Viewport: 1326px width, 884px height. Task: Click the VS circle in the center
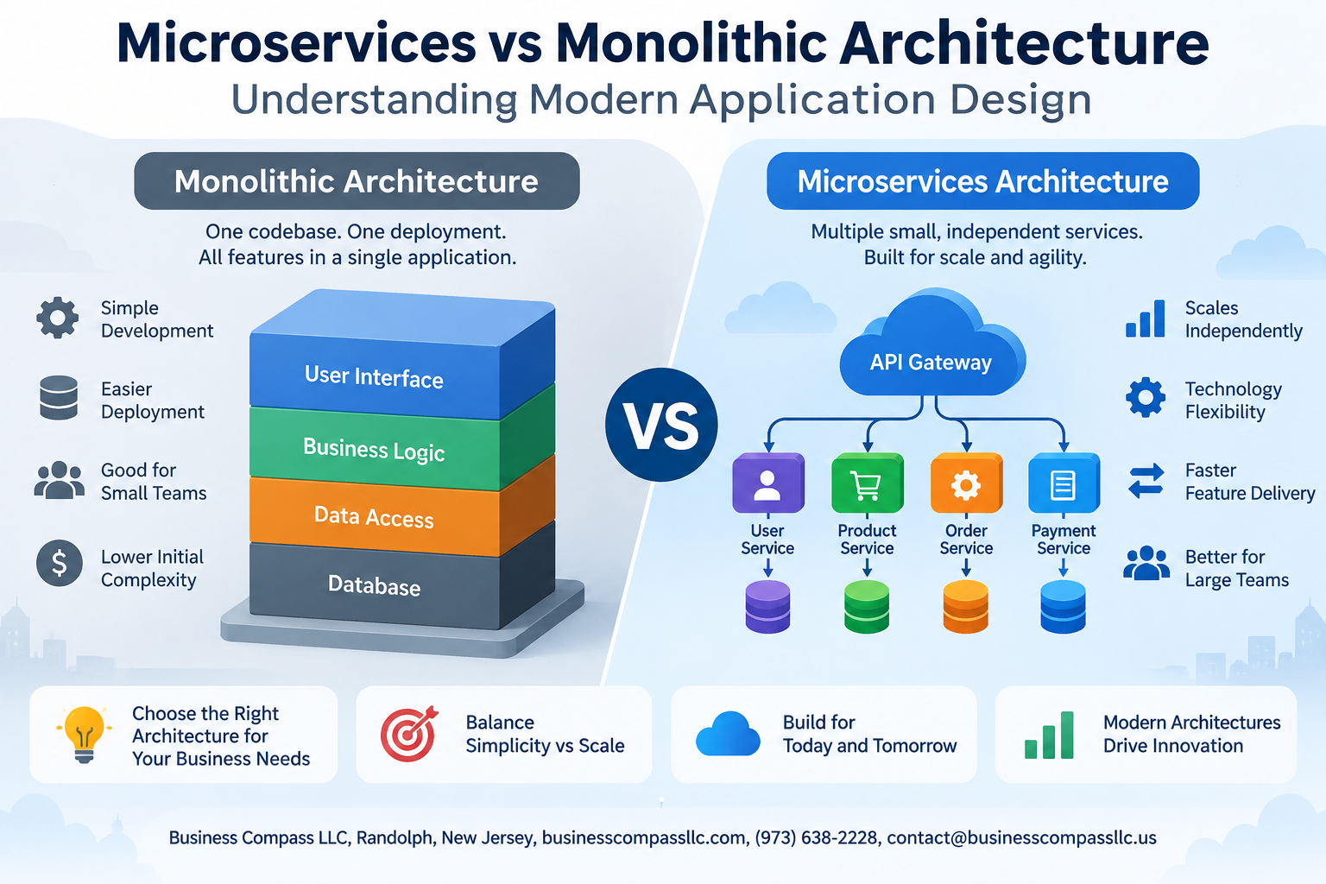coord(661,425)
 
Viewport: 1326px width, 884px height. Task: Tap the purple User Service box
coord(767,483)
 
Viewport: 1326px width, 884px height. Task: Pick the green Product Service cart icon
coord(868,483)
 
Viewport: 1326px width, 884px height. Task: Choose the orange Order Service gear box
coord(967,483)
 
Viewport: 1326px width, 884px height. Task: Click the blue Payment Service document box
coord(1064,483)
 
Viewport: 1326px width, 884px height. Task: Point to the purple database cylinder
coord(767,607)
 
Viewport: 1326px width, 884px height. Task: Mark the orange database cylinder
coord(965,607)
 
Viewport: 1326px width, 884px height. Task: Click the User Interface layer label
coord(374,376)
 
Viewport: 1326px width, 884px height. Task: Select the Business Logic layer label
coord(374,450)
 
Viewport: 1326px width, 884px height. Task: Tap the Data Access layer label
coord(374,517)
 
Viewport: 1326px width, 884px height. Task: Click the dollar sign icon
coord(60,563)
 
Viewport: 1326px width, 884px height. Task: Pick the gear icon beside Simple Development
coord(58,318)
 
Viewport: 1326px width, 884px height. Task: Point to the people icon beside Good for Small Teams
coord(59,480)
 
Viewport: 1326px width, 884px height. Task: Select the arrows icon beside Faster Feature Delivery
coord(1146,480)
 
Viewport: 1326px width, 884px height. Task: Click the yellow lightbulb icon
coord(84,734)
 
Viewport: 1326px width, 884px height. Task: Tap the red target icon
coord(408,734)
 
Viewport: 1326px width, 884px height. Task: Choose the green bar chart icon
coord(1049,736)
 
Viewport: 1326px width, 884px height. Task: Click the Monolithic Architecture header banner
coord(357,180)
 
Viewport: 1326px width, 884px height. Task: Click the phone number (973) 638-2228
coord(816,838)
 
